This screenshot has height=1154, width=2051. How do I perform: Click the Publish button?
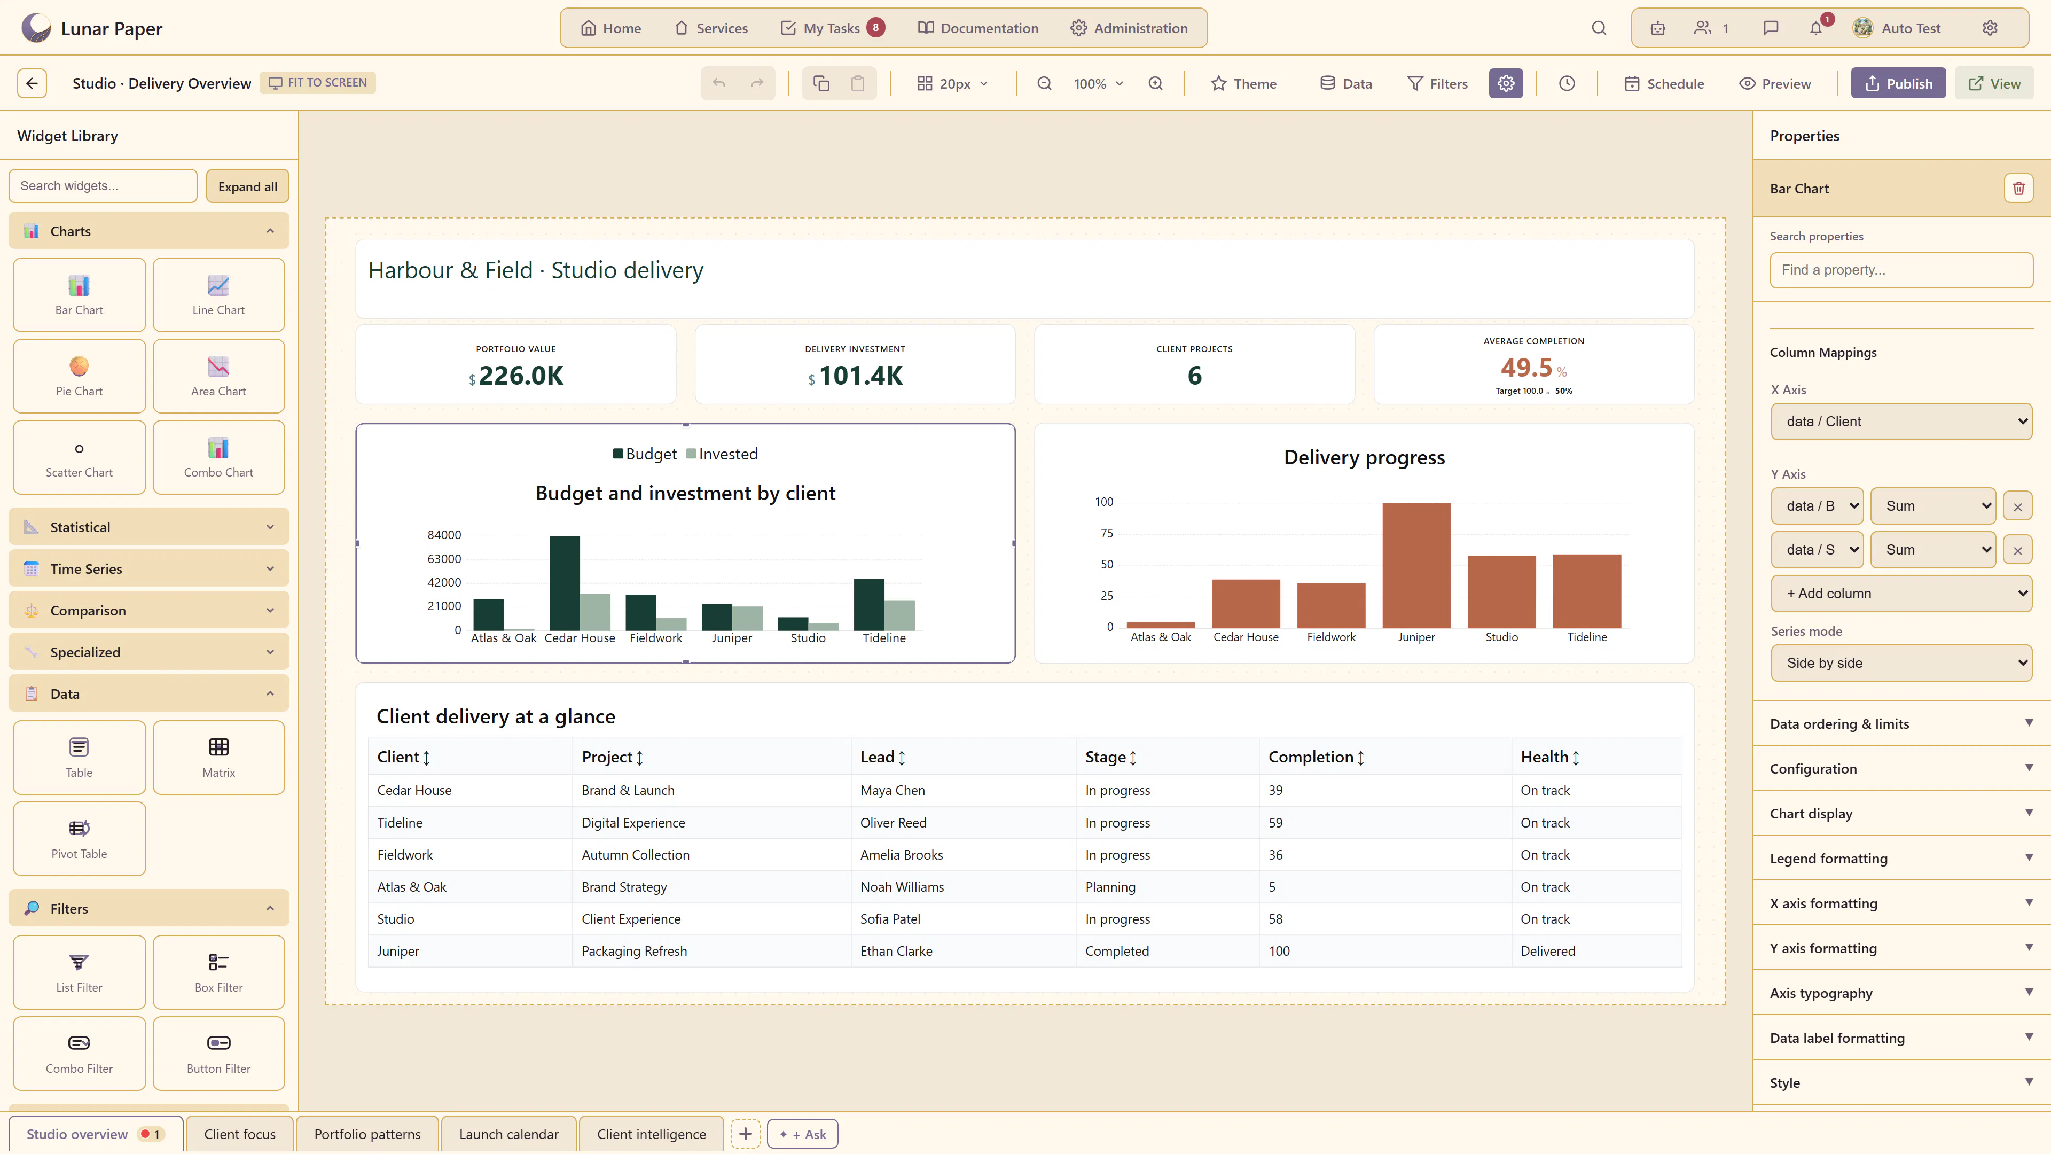click(1898, 84)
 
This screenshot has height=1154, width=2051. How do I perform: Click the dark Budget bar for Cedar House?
click(565, 583)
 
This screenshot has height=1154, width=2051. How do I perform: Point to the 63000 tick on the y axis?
click(444, 558)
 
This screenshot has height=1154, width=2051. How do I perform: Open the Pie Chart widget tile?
click(80, 376)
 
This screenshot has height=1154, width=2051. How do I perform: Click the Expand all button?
click(248, 186)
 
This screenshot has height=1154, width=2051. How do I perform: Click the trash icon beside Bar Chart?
click(2018, 189)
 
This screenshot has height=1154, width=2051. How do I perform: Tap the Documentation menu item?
click(978, 28)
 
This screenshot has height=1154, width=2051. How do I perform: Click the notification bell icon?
click(1816, 28)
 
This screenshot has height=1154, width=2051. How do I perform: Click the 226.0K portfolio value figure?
click(521, 375)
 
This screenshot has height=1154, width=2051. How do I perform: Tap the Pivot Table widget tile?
click(80, 839)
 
